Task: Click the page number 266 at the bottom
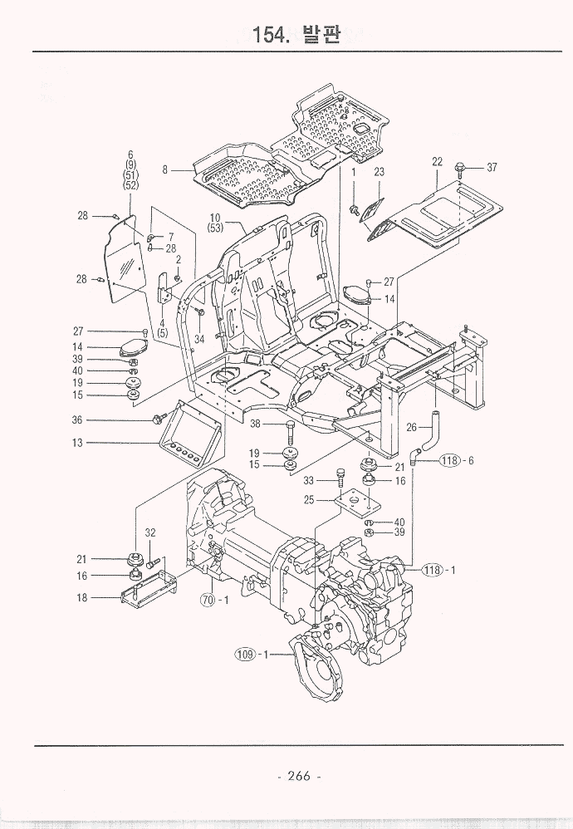click(299, 776)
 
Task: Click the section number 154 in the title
click(270, 34)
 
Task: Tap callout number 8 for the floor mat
click(165, 169)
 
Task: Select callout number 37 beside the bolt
click(492, 168)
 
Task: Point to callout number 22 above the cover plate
click(437, 162)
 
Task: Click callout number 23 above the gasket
click(379, 172)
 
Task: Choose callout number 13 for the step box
click(77, 443)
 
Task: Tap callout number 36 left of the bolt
click(77, 420)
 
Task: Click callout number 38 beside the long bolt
click(255, 424)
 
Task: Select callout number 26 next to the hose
click(411, 427)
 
